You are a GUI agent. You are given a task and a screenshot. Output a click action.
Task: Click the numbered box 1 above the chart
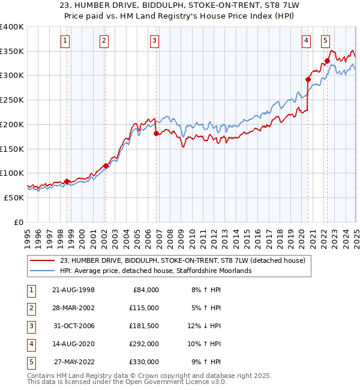pyautogui.click(x=65, y=41)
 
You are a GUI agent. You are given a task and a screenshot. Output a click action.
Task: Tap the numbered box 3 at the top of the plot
pyautogui.click(x=154, y=41)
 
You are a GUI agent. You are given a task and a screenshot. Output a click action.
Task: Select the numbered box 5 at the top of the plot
pyautogui.click(x=325, y=41)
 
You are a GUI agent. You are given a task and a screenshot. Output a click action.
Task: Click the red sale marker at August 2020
pyautogui.click(x=308, y=79)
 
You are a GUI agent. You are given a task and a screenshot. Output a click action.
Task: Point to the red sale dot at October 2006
pyautogui.click(x=156, y=133)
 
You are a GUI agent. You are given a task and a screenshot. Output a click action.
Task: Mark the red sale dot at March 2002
pyautogui.click(x=106, y=166)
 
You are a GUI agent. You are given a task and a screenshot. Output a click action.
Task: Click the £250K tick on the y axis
pyautogui.click(x=11, y=100)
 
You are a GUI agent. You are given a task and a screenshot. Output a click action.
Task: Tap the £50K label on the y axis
pyautogui.click(x=14, y=197)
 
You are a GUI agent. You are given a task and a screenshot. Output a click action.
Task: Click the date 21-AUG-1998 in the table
pyautogui.click(x=73, y=290)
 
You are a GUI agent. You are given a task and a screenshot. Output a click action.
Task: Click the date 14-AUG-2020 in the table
pyautogui.click(x=73, y=344)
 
